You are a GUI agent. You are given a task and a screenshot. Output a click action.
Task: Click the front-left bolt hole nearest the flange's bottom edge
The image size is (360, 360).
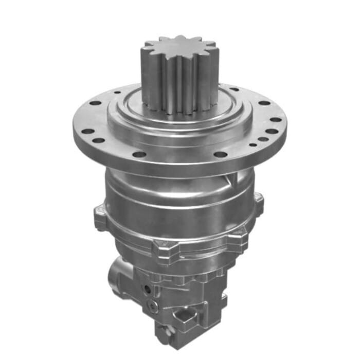pyautogui.click(x=138, y=154)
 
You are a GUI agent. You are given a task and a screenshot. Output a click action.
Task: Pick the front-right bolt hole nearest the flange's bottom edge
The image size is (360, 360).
pyautogui.click(x=220, y=154)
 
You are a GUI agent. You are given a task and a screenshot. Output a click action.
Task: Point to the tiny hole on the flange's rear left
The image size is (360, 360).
pyautogui.click(x=118, y=93)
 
